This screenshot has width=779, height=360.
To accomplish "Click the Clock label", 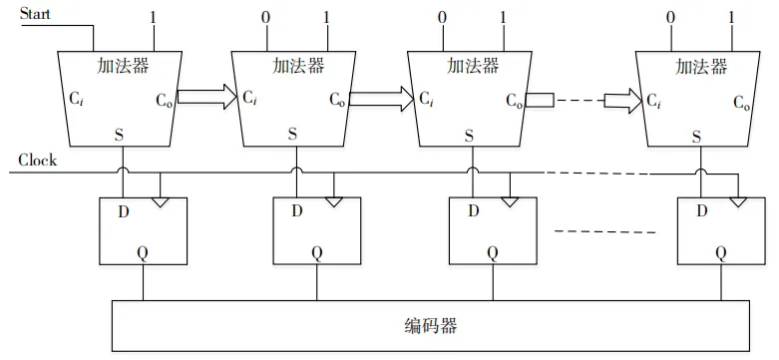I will pyautogui.click(x=38, y=160).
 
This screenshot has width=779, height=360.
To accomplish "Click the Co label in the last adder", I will pyautogui.click(x=743, y=101).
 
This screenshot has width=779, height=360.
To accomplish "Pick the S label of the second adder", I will pyautogui.click(x=292, y=134).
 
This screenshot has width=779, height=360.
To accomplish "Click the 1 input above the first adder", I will pyautogui.click(x=153, y=18).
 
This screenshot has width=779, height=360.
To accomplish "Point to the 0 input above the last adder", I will pyautogui.click(x=670, y=18).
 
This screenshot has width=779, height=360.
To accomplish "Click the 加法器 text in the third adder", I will pyautogui.click(x=471, y=66).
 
